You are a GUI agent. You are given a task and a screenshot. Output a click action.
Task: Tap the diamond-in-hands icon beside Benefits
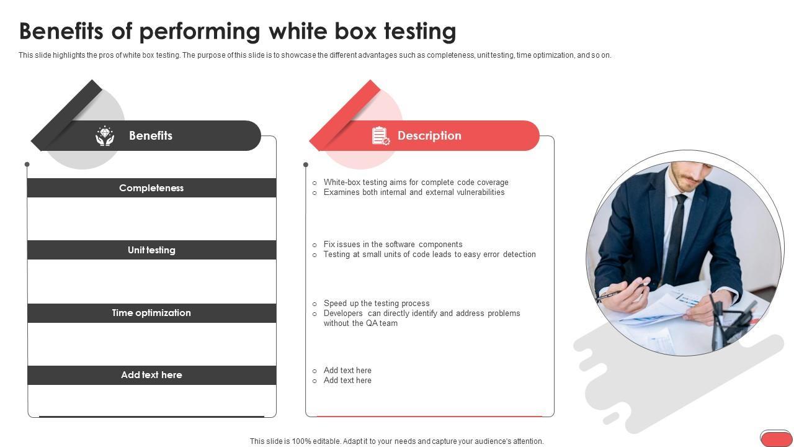pyautogui.click(x=105, y=136)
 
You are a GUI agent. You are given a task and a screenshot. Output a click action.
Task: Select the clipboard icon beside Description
pyautogui.click(x=381, y=135)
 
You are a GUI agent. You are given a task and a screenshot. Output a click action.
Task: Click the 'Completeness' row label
pyautogui.click(x=151, y=188)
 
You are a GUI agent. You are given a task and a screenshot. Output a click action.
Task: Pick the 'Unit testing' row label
pyautogui.click(x=151, y=250)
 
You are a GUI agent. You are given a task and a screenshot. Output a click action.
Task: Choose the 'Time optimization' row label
pyautogui.click(x=151, y=313)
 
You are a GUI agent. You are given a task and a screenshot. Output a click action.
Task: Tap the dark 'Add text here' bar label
pyautogui.click(x=151, y=375)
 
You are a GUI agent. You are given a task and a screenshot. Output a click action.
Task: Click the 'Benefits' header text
pyautogui.click(x=151, y=135)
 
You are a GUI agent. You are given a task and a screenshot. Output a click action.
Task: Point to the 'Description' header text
pyautogui.click(x=429, y=135)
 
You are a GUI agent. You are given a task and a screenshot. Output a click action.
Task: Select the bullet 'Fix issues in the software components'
pyautogui.click(x=393, y=245)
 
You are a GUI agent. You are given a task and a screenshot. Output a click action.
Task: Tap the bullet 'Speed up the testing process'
pyautogui.click(x=377, y=304)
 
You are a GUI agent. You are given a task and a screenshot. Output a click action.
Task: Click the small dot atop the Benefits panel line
pyautogui.click(x=27, y=165)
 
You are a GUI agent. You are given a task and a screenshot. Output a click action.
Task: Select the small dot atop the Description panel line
pyautogui.click(x=306, y=165)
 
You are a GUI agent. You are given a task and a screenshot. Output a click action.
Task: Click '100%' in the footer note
pyautogui.click(x=301, y=441)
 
